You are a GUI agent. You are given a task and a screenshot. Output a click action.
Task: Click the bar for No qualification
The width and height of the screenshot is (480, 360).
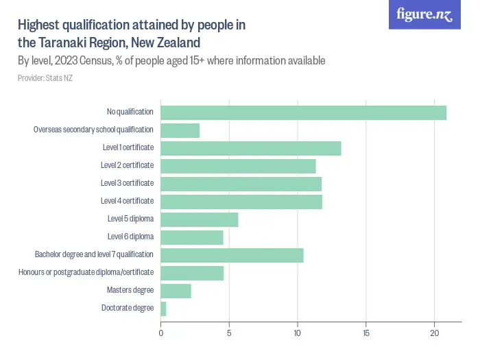click(303, 112)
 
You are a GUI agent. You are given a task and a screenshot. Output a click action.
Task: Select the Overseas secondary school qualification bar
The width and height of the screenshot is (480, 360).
click(180, 130)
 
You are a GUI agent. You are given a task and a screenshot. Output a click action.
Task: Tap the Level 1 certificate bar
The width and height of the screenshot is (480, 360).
click(250, 148)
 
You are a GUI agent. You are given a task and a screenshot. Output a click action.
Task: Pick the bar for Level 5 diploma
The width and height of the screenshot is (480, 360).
click(199, 219)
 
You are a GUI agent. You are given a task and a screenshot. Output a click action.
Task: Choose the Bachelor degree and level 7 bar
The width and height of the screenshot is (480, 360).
click(232, 255)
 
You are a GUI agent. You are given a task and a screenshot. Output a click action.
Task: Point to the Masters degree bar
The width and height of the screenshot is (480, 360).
click(176, 291)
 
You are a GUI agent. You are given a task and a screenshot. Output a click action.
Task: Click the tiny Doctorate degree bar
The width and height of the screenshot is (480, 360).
click(163, 309)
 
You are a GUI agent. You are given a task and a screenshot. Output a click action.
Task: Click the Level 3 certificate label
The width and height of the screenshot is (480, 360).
click(127, 183)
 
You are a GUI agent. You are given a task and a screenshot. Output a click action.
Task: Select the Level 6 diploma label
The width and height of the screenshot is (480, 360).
click(130, 237)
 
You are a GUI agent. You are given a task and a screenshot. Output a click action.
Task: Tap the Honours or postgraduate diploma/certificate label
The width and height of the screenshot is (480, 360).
click(86, 273)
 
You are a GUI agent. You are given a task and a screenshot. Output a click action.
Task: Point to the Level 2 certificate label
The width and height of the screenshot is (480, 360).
click(127, 165)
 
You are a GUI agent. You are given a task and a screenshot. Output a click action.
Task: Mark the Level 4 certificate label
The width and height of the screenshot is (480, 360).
click(127, 201)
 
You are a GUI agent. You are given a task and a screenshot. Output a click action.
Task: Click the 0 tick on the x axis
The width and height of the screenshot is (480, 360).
click(160, 334)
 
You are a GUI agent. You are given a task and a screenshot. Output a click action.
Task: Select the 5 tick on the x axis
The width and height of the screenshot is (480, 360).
click(229, 334)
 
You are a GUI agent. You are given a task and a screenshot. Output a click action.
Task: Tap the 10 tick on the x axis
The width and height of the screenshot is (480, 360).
click(298, 334)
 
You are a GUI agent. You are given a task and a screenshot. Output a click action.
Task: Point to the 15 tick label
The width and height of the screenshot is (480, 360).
click(366, 334)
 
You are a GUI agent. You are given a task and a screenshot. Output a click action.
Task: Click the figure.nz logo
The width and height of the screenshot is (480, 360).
click(424, 15)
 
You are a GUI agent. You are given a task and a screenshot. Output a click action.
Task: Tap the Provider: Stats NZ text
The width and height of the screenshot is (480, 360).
click(45, 78)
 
